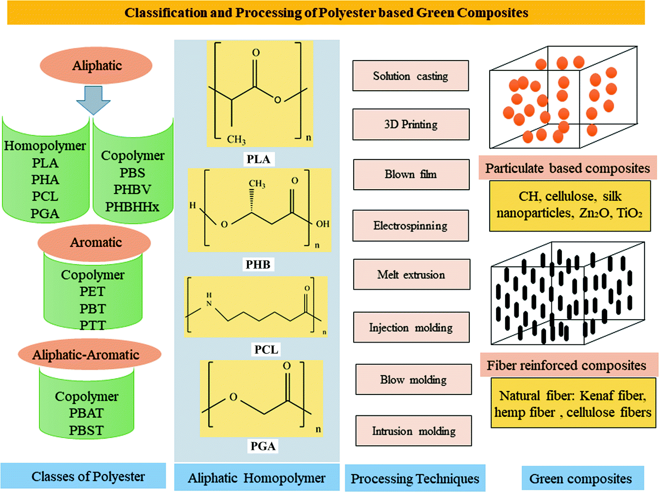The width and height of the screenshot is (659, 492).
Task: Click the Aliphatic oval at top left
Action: click(96, 66)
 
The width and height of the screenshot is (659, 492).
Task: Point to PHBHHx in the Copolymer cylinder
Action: click(132, 207)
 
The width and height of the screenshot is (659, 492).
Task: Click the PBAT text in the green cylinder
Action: click(86, 413)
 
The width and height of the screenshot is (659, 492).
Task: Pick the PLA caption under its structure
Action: click(258, 159)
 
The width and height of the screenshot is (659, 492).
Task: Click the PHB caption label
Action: click(258, 264)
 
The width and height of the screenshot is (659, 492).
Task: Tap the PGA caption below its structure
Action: click(263, 446)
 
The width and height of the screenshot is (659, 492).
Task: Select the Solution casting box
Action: click(411, 76)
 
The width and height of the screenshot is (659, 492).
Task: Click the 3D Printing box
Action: click(411, 124)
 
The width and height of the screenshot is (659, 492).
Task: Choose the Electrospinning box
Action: click(411, 226)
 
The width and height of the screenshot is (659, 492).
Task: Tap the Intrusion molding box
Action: click(413, 431)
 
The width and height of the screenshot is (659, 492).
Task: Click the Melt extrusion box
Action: click(411, 275)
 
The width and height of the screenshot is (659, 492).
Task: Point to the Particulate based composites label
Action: click(567, 168)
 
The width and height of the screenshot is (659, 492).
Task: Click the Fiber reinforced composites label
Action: click(566, 365)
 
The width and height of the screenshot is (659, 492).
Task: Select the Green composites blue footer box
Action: click(582, 478)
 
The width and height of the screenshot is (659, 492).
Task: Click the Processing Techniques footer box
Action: click(415, 478)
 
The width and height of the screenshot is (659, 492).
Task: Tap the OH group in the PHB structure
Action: click(323, 224)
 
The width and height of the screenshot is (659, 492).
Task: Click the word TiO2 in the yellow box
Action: click(629, 213)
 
